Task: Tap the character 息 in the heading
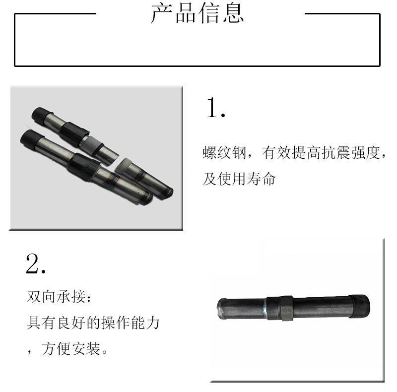click(x=233, y=13)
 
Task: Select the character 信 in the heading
click(x=209, y=13)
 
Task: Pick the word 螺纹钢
click(x=224, y=153)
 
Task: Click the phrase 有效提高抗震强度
click(x=321, y=153)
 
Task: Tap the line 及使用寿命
click(x=239, y=179)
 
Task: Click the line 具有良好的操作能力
click(x=93, y=323)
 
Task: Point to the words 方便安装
click(x=71, y=349)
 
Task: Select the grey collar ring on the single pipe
click(x=286, y=308)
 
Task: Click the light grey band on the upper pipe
click(x=91, y=143)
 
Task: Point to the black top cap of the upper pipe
click(x=41, y=116)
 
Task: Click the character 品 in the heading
click(x=185, y=13)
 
